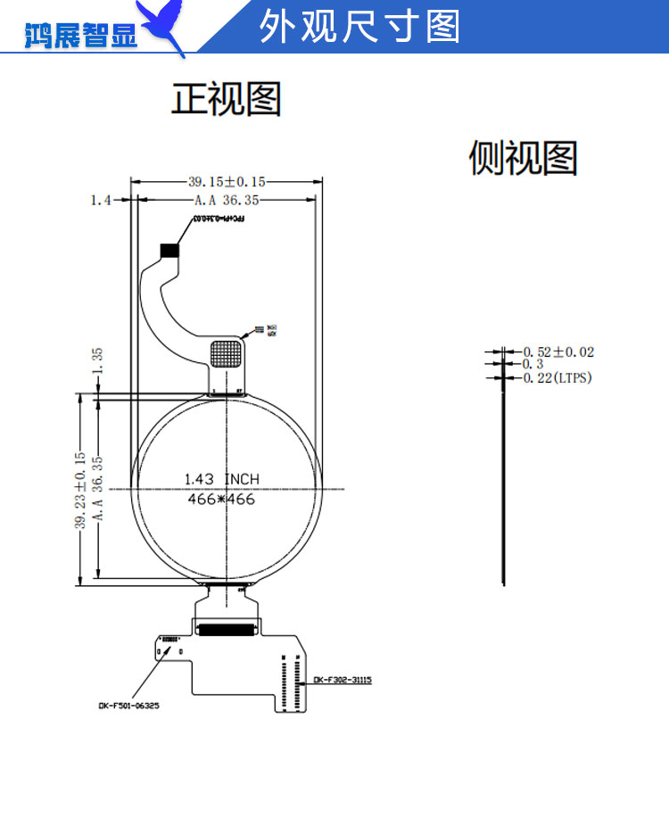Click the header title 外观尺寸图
click(x=360, y=28)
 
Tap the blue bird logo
click(x=166, y=27)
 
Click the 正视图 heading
click(x=227, y=99)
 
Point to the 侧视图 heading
click(x=524, y=158)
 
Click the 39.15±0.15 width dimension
click(x=227, y=181)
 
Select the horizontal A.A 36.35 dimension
click(x=227, y=200)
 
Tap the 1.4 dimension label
click(x=100, y=200)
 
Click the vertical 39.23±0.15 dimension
click(x=79, y=490)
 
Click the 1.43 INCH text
click(x=221, y=479)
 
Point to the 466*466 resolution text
click(x=221, y=500)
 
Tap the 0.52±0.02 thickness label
click(x=558, y=352)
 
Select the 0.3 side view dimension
click(x=533, y=364)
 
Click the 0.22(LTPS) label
click(x=557, y=378)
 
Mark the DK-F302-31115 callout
click(x=342, y=680)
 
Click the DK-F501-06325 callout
click(x=130, y=705)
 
